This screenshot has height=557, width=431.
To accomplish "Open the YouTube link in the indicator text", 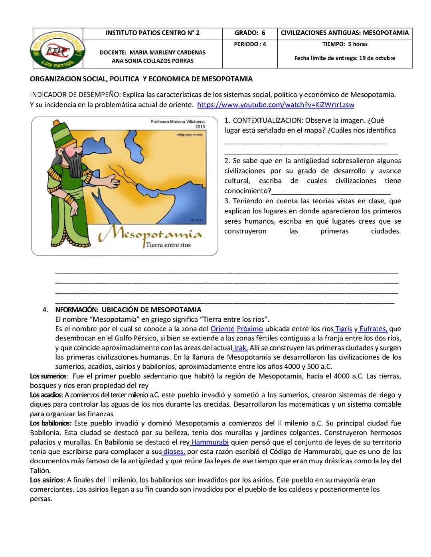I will (276, 105).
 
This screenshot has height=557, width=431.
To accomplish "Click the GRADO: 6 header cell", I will (250, 33).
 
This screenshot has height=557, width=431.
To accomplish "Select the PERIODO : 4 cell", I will (250, 44).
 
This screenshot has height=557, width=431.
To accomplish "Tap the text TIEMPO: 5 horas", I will (345, 44).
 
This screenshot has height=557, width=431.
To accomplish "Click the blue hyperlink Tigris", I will (343, 329).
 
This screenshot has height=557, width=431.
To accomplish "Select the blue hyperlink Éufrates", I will (373, 329).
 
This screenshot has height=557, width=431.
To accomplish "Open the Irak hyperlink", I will (241, 348).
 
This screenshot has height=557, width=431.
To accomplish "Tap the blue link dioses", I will (174, 452).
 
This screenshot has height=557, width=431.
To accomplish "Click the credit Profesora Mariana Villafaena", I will (177, 122).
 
